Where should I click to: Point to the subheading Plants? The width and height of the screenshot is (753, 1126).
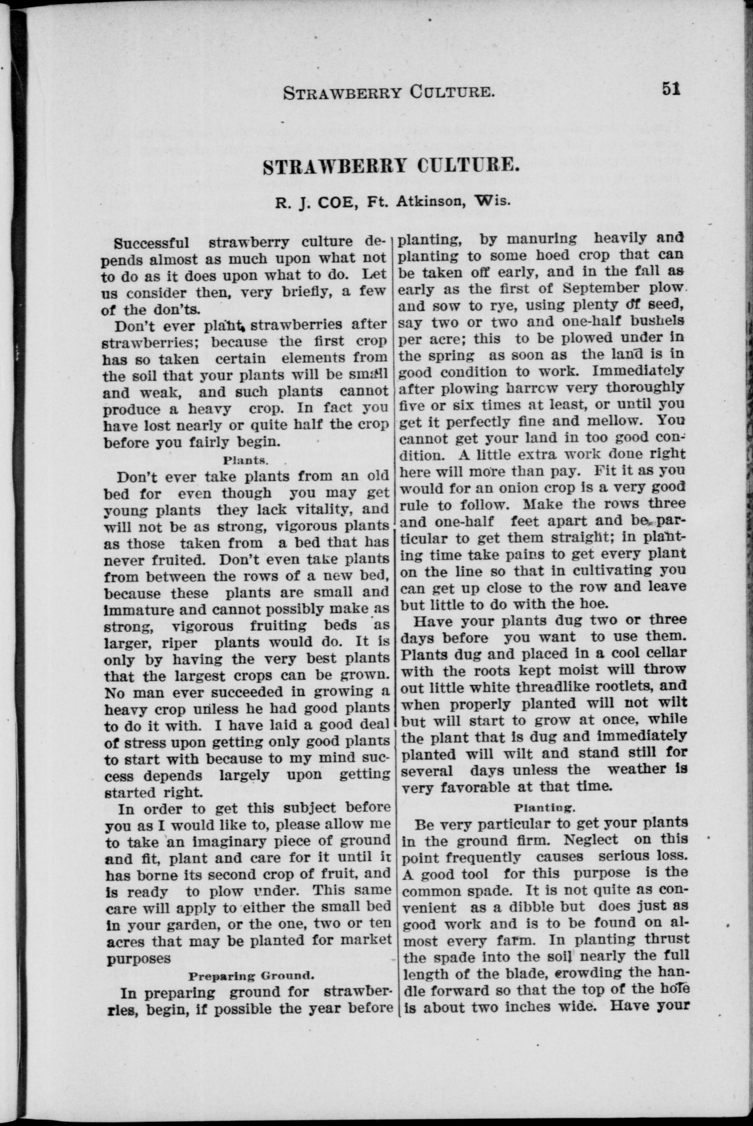point(246,460)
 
